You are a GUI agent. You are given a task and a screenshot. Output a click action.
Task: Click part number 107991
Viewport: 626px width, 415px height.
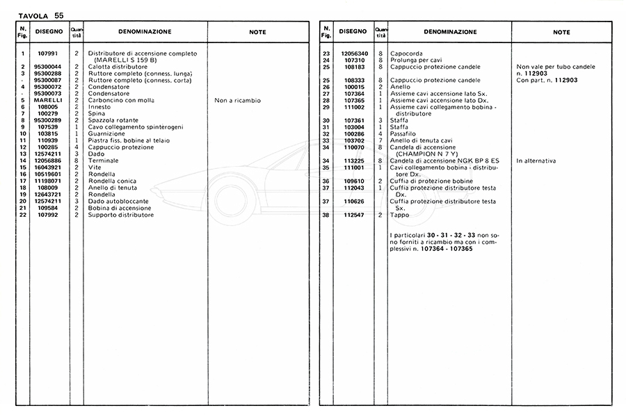(x=49, y=54)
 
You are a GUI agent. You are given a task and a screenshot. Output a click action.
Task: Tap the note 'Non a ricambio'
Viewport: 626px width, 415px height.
(x=238, y=100)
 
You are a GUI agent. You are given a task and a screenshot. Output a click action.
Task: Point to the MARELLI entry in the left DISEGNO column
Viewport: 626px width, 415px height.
(x=49, y=100)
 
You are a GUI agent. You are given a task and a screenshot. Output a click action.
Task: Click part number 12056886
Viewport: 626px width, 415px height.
(x=49, y=161)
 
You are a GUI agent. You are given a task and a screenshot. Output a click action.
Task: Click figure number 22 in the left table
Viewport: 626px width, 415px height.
(x=23, y=215)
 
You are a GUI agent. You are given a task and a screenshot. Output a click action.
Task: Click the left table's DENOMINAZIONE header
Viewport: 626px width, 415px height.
(x=145, y=32)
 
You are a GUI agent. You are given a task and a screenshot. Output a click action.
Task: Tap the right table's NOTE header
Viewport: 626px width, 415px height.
(x=561, y=32)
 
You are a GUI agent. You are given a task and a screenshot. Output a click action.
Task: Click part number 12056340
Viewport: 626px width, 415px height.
(x=354, y=54)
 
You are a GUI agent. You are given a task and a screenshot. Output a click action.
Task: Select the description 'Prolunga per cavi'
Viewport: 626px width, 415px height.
(x=416, y=60)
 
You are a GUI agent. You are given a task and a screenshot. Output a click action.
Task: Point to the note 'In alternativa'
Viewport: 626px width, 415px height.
(x=536, y=161)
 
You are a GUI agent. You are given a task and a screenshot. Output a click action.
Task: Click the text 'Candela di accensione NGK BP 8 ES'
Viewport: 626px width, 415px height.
(x=444, y=161)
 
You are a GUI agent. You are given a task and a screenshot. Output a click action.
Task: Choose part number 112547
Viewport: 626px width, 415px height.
(x=354, y=215)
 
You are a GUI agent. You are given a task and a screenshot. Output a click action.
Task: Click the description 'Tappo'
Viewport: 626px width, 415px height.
(x=399, y=215)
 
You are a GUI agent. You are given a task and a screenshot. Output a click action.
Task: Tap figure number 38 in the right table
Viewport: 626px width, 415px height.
(x=326, y=215)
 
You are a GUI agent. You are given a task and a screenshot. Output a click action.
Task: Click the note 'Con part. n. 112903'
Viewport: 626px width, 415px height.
(x=547, y=80)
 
